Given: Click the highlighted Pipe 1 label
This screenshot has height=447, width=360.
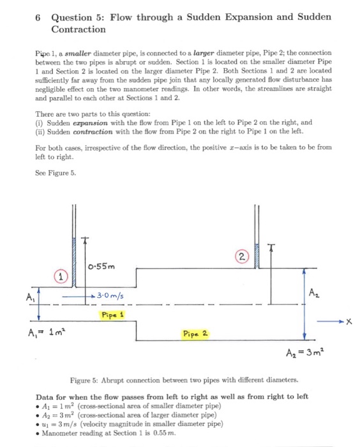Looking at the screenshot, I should [112, 314].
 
